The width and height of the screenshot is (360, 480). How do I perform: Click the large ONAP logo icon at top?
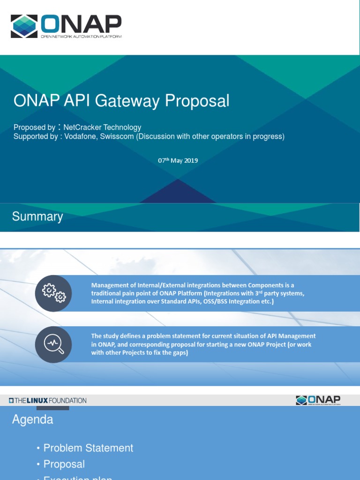[25, 26]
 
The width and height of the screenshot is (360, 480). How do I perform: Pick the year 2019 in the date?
[191, 160]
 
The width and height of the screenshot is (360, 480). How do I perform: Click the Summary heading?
[37, 217]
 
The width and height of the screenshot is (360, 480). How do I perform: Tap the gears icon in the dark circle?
[53, 293]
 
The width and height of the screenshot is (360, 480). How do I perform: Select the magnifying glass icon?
[53, 344]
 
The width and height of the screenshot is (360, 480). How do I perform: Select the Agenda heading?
[32, 420]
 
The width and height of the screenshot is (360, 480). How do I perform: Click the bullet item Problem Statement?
[88, 448]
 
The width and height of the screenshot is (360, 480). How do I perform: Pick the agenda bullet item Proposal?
[64, 464]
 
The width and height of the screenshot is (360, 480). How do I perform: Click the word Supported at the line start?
[30, 137]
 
